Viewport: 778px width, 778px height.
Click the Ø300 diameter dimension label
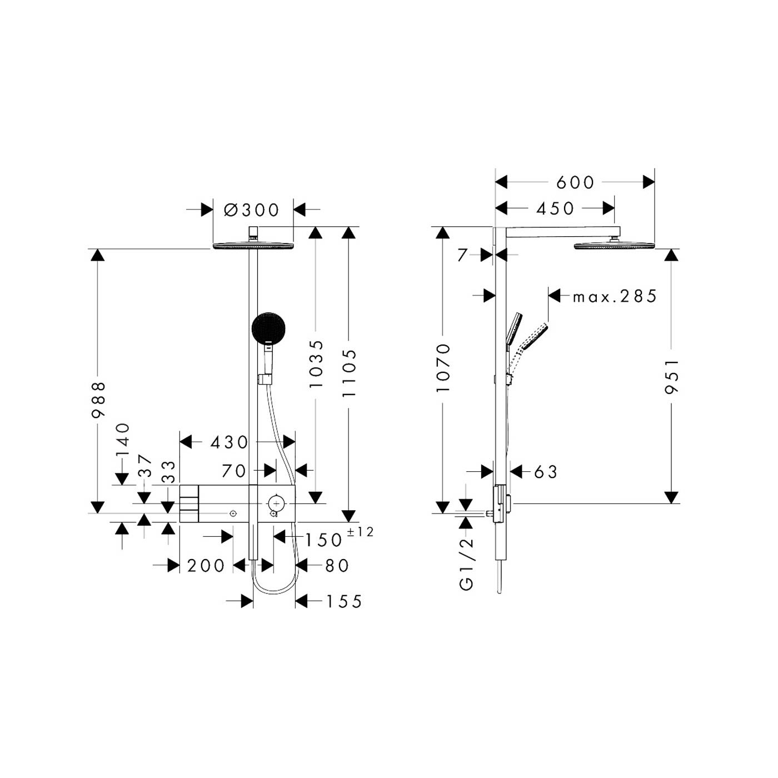click(x=252, y=210)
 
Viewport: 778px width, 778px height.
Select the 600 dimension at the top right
click(x=575, y=182)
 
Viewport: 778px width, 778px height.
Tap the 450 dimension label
click(x=555, y=208)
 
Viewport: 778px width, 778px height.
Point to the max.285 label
click(x=615, y=296)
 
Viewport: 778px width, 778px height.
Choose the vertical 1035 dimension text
click(x=316, y=364)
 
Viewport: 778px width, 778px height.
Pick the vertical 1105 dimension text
click(x=349, y=373)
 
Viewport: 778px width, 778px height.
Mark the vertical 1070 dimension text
click(x=443, y=367)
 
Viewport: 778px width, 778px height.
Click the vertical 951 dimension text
click(x=672, y=377)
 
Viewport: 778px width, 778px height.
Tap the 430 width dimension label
click(x=229, y=442)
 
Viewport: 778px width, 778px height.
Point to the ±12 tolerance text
click(x=360, y=532)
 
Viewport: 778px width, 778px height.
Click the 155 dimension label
click(x=343, y=602)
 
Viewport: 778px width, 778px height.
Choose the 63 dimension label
click(x=546, y=472)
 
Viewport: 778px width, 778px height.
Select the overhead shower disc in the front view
click(x=253, y=246)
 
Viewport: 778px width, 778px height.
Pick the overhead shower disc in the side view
click(x=615, y=246)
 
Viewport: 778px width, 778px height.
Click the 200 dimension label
click(x=206, y=566)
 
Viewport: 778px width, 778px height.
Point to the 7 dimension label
click(x=462, y=255)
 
